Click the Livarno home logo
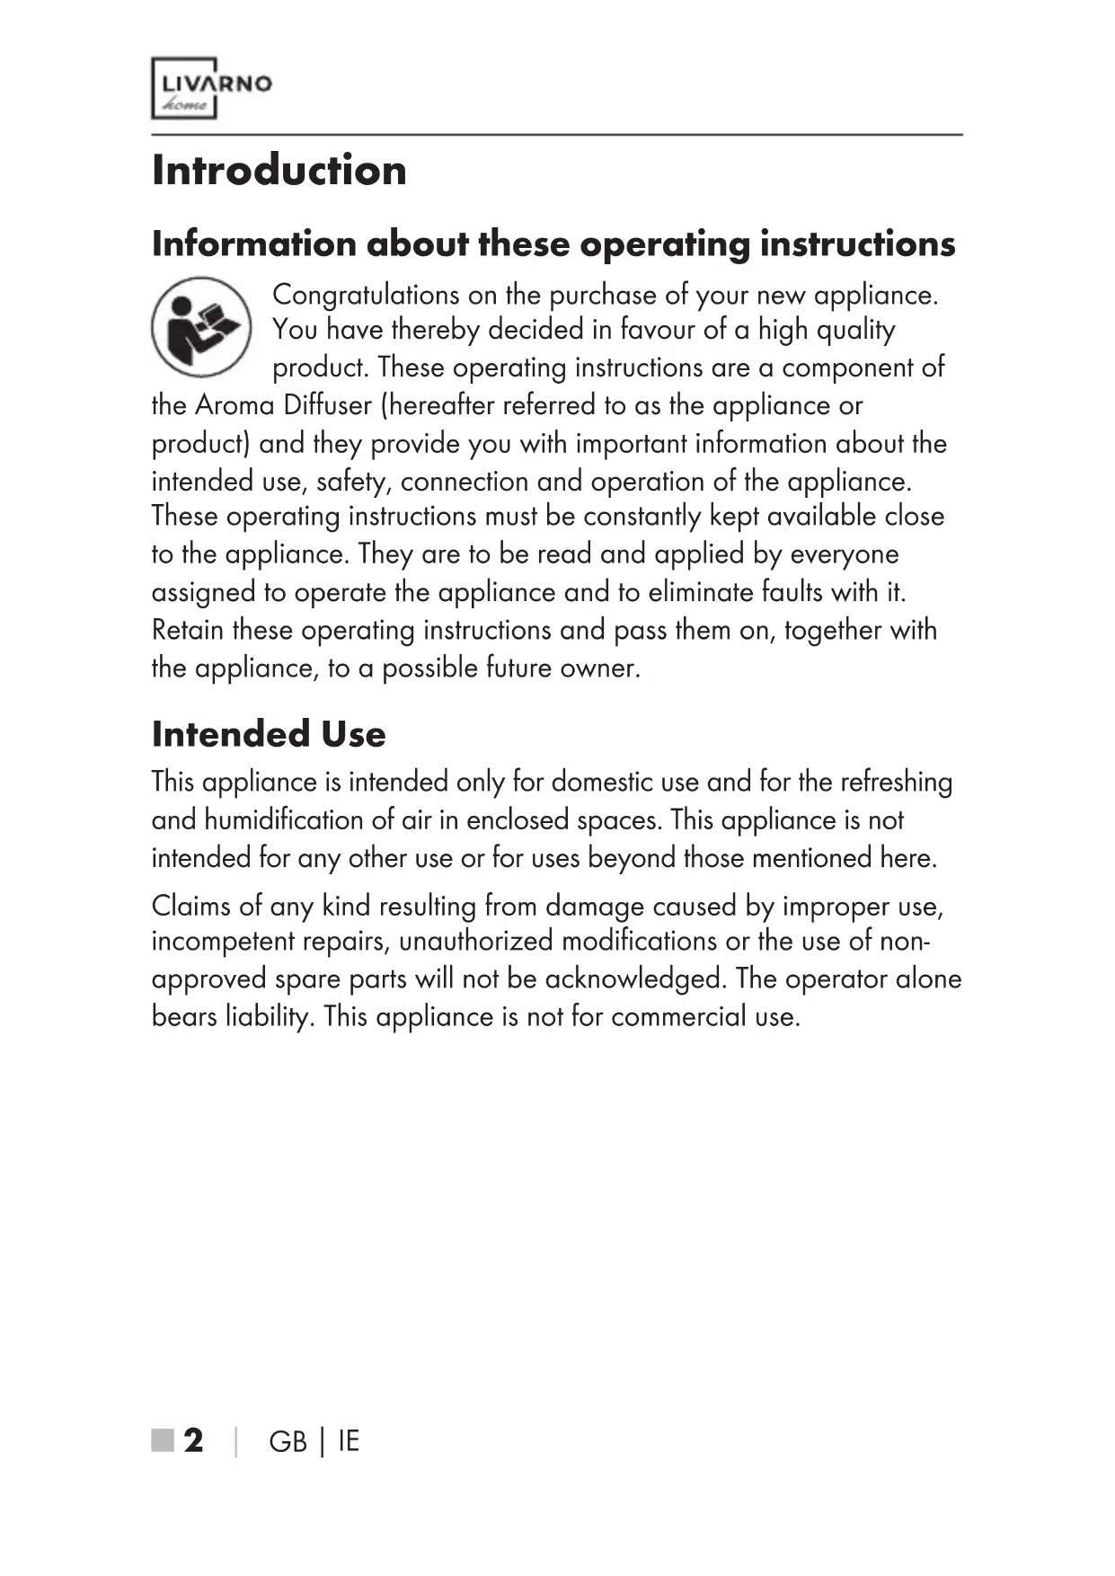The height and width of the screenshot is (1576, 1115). [x=211, y=88]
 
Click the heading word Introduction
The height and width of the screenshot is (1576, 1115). [x=279, y=171]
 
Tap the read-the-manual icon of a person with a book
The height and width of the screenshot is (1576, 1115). [x=200, y=326]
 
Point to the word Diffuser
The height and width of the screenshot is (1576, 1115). [x=327, y=405]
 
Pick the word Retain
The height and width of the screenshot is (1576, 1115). [x=188, y=630]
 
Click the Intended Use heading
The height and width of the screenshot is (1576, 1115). [x=269, y=734]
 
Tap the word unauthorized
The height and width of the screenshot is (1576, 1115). [x=475, y=942]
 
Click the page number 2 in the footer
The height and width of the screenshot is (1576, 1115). [x=193, y=1440]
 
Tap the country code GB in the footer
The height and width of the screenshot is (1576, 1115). [x=288, y=1441]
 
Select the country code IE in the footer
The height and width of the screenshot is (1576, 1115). [x=349, y=1441]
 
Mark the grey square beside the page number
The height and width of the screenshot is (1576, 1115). [x=163, y=1440]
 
